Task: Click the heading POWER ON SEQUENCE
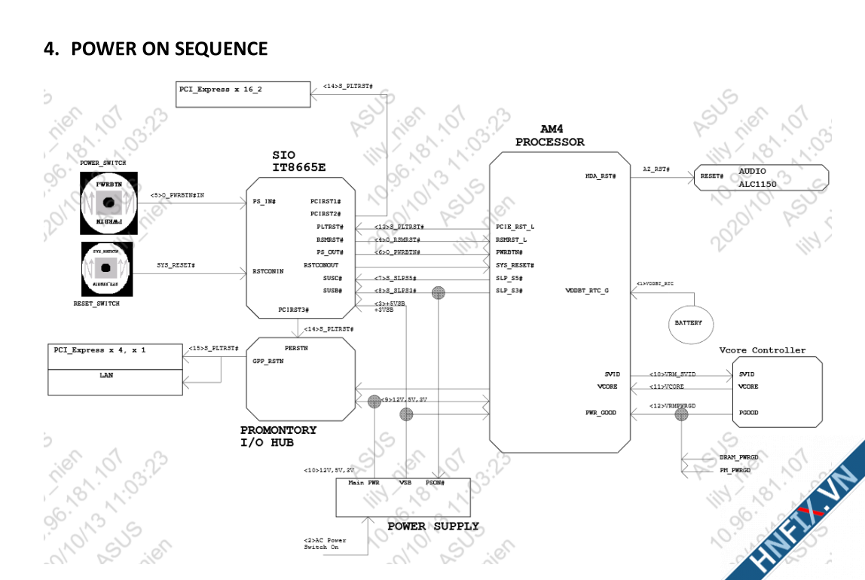point(156,49)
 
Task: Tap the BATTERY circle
point(689,322)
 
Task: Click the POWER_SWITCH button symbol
point(109,203)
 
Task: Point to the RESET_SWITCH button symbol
point(106,268)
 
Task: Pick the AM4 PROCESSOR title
point(549,136)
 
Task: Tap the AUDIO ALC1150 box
point(760,178)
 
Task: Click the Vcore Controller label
point(762,350)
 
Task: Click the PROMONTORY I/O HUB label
point(278,436)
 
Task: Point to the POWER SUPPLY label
point(432,527)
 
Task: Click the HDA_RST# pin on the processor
point(601,176)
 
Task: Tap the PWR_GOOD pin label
point(601,413)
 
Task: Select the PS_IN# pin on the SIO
point(264,201)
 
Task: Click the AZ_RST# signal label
point(656,169)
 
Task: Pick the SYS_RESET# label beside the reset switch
point(176,265)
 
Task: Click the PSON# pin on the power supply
point(435,482)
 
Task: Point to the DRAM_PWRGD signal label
point(739,457)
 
